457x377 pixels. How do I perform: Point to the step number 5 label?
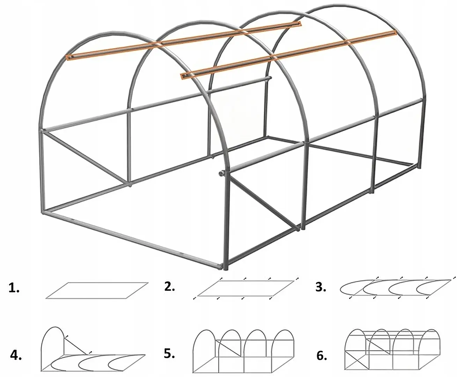coord(169,354)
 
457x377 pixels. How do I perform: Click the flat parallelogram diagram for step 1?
coord(97,290)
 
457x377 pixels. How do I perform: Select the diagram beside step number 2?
coord(245,288)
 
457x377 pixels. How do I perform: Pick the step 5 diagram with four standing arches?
coord(243,354)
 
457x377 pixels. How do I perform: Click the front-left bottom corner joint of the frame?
coord(44,212)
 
